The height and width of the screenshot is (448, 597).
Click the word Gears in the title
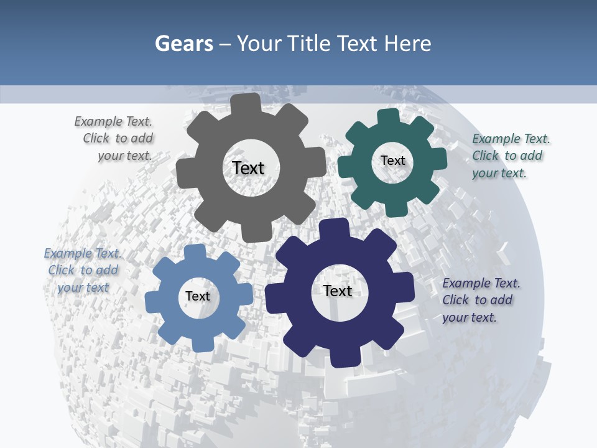183,44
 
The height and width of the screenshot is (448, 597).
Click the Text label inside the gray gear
248,168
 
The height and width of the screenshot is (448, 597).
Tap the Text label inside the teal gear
392,161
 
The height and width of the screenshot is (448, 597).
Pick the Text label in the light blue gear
198,296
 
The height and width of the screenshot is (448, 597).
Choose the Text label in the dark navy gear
338,291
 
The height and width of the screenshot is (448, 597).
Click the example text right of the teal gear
510,156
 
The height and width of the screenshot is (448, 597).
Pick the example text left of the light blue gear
83,270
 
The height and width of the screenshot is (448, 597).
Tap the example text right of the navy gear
480,300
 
